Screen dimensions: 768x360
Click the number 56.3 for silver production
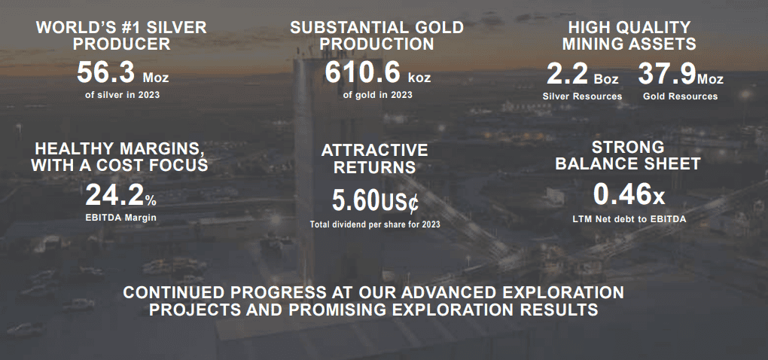pyautogui.click(x=105, y=73)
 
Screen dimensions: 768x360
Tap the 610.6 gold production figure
pyautogui.click(x=362, y=73)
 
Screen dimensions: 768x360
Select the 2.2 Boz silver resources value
pyautogui.click(x=582, y=75)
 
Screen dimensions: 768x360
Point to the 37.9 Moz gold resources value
pyautogui.click(x=681, y=75)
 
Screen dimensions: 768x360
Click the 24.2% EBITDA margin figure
pyautogui.click(x=121, y=194)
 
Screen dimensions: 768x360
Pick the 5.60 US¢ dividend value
pyautogui.click(x=376, y=201)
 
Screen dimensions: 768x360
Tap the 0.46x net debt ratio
pyautogui.click(x=629, y=194)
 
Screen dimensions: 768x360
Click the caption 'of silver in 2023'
pyautogui.click(x=123, y=95)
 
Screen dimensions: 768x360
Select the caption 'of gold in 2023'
pyautogui.click(x=378, y=95)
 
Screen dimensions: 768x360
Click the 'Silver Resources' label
pyautogui.click(x=582, y=96)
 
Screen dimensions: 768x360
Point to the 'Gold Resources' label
pyautogui.click(x=681, y=96)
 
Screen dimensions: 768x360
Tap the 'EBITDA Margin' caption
pyautogui.click(x=121, y=217)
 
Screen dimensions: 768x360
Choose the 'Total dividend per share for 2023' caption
pyautogui.click(x=375, y=224)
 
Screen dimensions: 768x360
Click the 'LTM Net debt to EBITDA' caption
pyautogui.click(x=629, y=219)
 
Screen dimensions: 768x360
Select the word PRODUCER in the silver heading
pyautogui.click(x=121, y=44)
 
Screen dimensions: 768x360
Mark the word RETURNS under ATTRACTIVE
pyautogui.click(x=375, y=167)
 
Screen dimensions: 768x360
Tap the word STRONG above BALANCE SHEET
pyautogui.click(x=629, y=147)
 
